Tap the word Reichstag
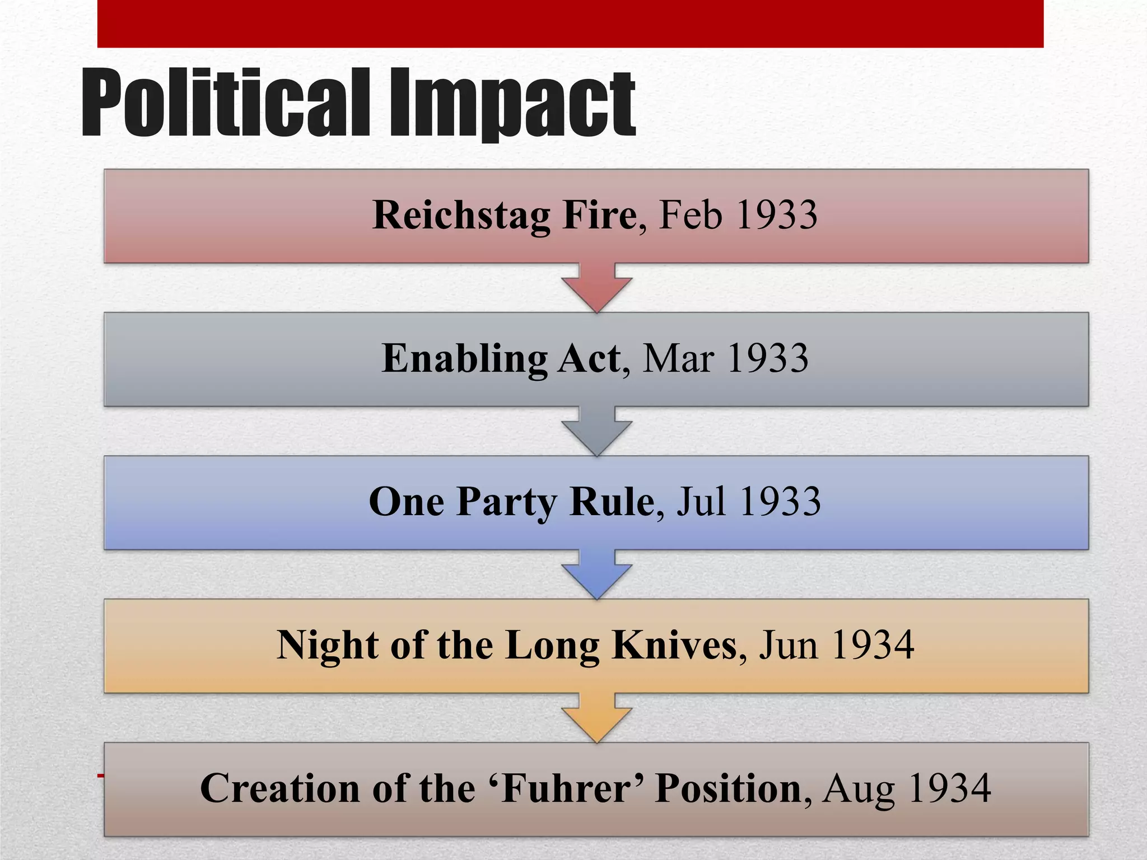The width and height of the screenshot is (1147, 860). coord(461,215)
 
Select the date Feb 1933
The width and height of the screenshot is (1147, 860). coord(738,215)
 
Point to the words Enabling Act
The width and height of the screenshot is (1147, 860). coord(501,358)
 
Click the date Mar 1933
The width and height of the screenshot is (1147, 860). coord(725,358)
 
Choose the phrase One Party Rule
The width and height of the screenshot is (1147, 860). coord(511,502)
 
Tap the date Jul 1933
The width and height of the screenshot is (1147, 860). coord(749,502)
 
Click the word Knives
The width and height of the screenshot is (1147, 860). coord(674,645)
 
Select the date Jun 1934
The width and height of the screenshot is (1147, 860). coord(836,645)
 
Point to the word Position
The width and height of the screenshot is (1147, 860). coord(729,788)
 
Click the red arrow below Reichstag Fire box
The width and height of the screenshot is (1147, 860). coord(597,288)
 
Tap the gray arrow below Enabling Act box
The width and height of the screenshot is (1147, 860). coord(597,432)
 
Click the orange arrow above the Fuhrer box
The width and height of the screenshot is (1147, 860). coord(597,718)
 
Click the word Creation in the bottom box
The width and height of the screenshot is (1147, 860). coord(279,788)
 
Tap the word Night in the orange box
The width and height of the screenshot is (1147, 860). coord(327,645)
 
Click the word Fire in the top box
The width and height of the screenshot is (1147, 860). coord(599,215)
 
